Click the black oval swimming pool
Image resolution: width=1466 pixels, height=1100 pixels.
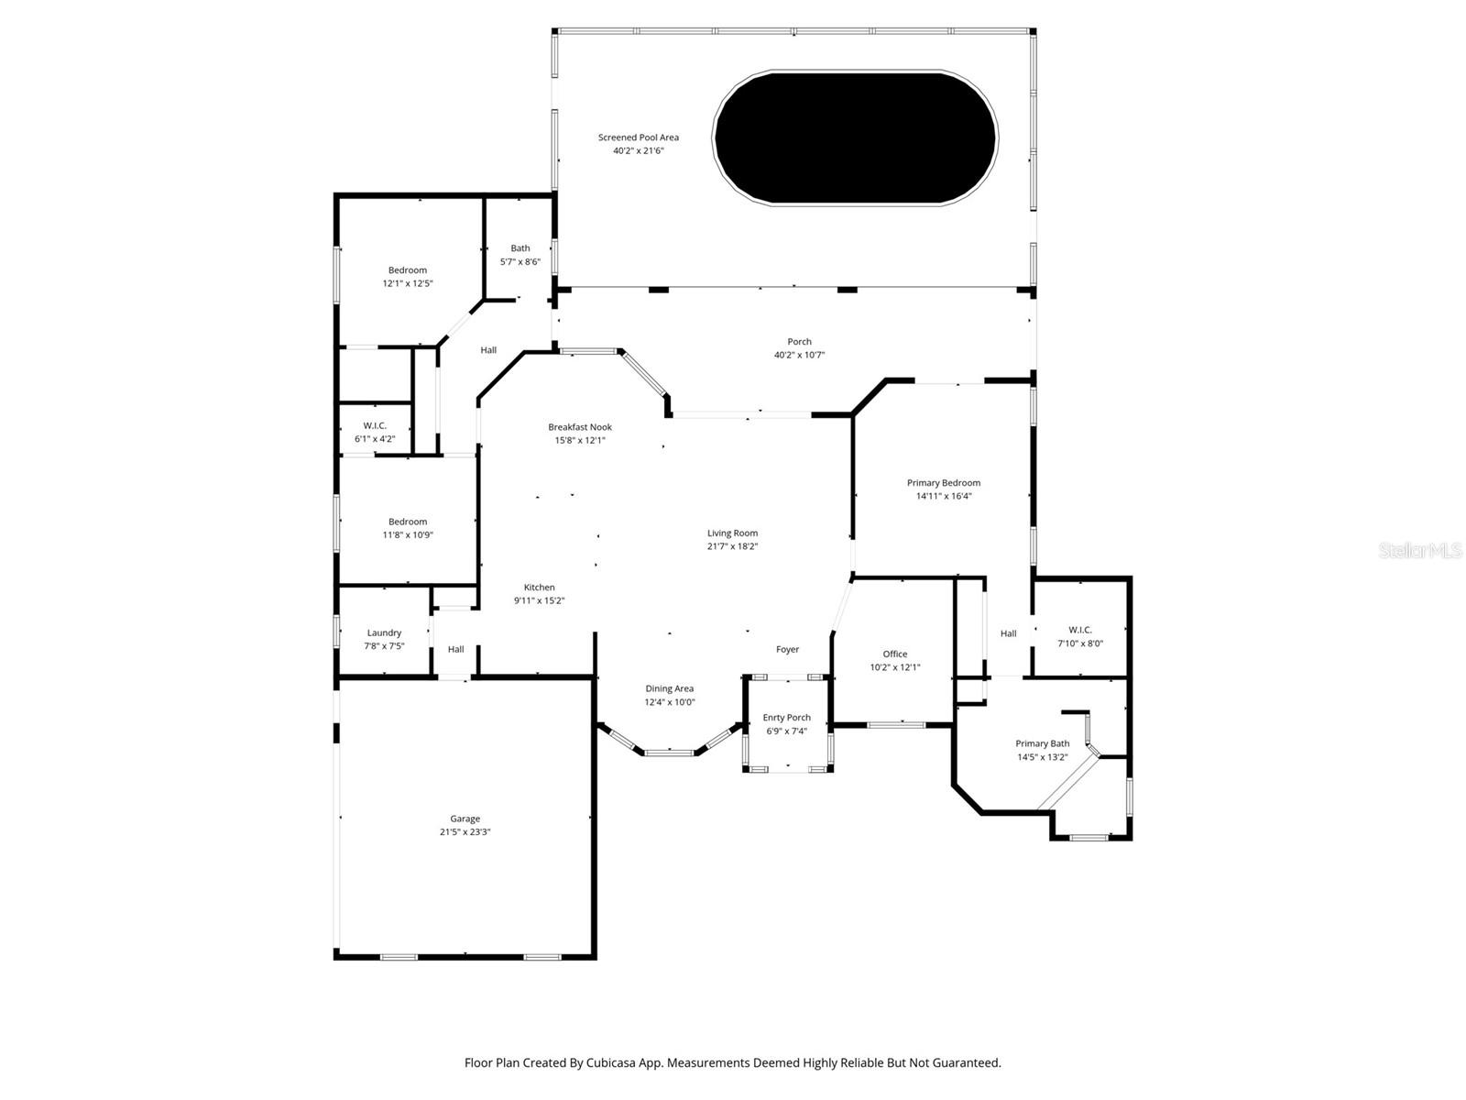[x=855, y=137]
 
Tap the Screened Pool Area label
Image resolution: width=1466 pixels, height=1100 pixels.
[x=639, y=137]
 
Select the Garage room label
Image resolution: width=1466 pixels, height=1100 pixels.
[x=465, y=819]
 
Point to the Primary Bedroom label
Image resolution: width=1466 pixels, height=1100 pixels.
[x=944, y=483]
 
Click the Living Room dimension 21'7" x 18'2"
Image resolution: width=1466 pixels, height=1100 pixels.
[x=733, y=546]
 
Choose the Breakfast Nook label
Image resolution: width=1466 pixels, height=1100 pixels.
[x=580, y=427]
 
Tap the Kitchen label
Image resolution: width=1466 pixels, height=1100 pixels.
[x=539, y=588]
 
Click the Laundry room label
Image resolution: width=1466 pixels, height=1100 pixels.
[x=384, y=633]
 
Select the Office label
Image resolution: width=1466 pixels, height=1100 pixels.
[x=895, y=654]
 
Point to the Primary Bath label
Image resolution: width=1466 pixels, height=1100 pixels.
[x=1043, y=743]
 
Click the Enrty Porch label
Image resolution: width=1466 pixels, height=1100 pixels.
[x=787, y=718]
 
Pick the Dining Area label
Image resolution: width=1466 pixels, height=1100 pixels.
[x=669, y=688]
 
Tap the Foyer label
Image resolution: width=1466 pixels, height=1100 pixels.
[x=787, y=649]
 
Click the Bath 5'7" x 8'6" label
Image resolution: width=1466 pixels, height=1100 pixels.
[x=520, y=255]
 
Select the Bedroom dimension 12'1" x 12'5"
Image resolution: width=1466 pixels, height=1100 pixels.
[x=408, y=283]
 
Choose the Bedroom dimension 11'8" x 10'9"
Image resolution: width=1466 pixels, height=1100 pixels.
[x=408, y=535]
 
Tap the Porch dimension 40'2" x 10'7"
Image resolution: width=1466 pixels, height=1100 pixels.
[x=800, y=356]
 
